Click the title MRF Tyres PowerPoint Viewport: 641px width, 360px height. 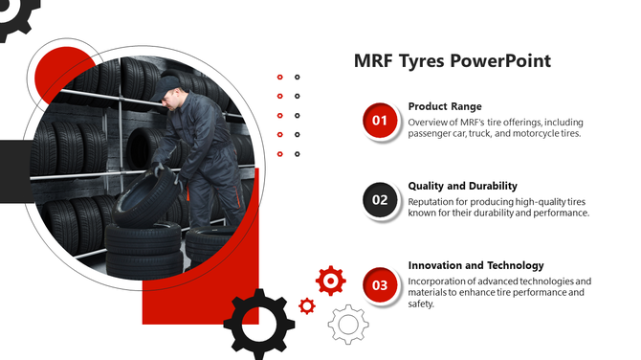pos(452,61)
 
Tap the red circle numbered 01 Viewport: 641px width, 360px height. pos(380,121)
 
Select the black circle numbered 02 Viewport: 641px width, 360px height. pos(380,200)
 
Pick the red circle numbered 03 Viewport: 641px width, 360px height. pos(380,284)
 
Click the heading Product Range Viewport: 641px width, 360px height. pos(445,106)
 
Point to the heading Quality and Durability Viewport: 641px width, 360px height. pos(462,186)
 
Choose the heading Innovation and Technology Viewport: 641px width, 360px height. pos(475,265)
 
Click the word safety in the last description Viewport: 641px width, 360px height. pos(421,304)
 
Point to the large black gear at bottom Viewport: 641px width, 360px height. pos(258,324)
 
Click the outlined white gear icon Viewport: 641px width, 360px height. pos(348,324)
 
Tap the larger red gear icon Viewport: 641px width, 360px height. pos(330,280)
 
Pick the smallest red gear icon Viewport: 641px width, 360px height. pos(307,305)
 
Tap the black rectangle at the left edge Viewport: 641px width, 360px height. pos(13,171)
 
